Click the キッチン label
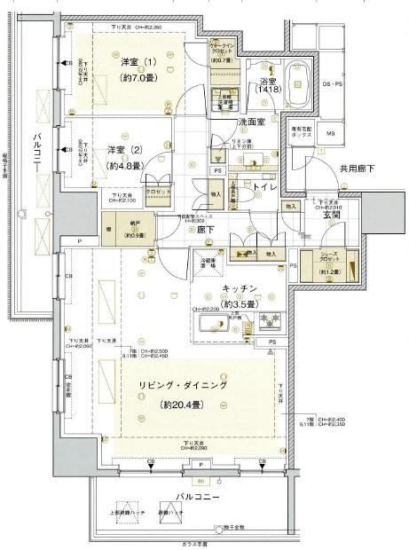(240, 289)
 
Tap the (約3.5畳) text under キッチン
(240, 304)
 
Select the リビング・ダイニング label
(182, 387)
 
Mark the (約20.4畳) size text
(181, 405)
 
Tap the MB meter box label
(331, 134)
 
